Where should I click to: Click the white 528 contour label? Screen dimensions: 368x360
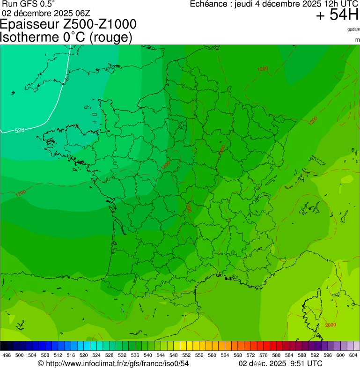[19, 130]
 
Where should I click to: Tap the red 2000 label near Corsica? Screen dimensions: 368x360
[330, 325]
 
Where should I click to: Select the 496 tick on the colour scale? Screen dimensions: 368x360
[7, 355]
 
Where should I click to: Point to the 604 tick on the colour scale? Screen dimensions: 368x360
[353, 355]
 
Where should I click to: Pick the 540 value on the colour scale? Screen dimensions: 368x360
[147, 355]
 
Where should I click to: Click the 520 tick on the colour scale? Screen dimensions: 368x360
[83, 355]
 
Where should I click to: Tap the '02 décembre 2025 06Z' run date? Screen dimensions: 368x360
[46, 13]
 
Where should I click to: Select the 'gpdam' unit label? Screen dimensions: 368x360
[353, 29]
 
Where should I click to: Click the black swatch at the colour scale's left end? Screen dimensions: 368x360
[4, 346]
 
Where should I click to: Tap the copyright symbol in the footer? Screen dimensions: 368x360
[41, 363]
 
